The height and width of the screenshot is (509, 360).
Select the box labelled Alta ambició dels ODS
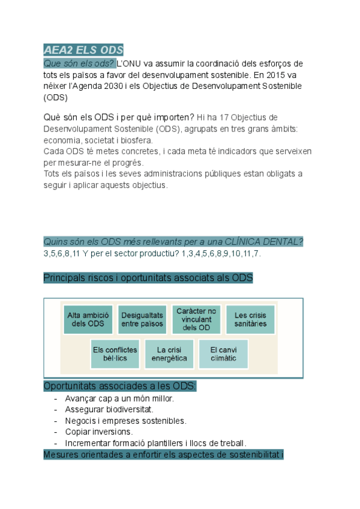pyautogui.click(x=88, y=319)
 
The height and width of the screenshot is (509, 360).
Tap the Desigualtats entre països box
pyautogui.click(x=142, y=319)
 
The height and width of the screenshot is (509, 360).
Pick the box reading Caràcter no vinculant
pyautogui.click(x=196, y=319)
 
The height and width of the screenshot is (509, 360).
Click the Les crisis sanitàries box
pyautogui.click(x=250, y=319)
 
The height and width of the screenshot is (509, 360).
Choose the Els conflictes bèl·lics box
pyautogui.click(x=115, y=354)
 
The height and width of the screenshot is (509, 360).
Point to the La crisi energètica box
pyautogui.click(x=169, y=354)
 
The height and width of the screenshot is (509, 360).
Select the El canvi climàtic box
pyautogui.click(x=223, y=354)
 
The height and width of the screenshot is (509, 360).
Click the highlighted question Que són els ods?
pyautogui.click(x=79, y=64)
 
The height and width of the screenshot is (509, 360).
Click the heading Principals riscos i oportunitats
pyautogui.click(x=148, y=278)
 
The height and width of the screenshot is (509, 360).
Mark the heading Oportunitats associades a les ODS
pyautogui.click(x=120, y=386)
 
